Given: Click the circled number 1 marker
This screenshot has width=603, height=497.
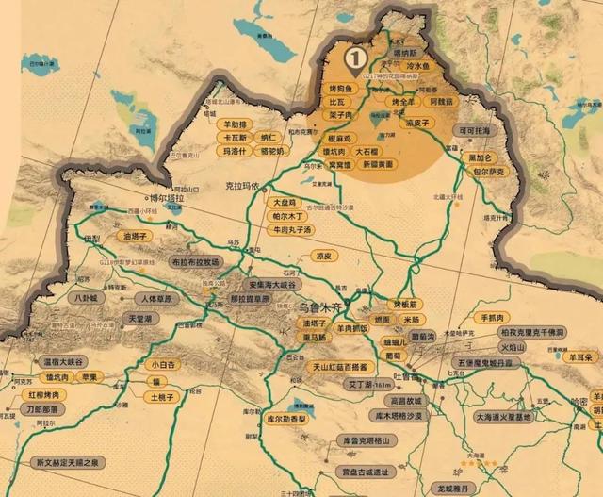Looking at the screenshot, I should click(355, 58).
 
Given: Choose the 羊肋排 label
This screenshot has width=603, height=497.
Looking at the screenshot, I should click(235, 124).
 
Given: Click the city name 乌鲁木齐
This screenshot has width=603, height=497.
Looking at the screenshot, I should click(323, 307).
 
